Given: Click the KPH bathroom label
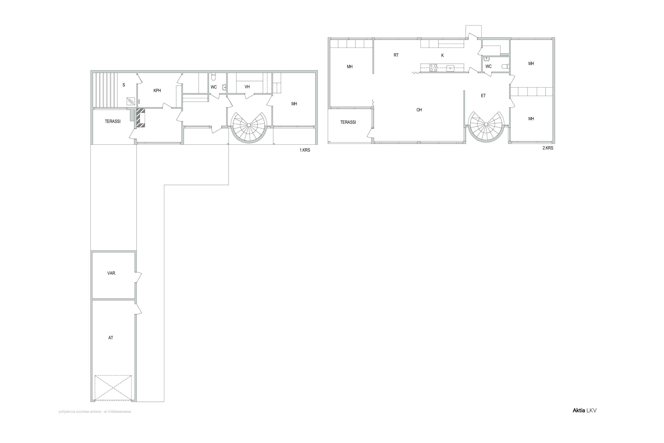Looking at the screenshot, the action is pyautogui.click(x=157, y=91).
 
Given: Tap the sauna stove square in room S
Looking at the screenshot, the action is pyautogui.click(x=131, y=101).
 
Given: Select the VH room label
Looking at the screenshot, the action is pyautogui.click(x=247, y=87).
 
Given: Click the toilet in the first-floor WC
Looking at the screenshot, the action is pyautogui.click(x=214, y=77).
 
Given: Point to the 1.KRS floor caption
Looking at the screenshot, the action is pyautogui.click(x=305, y=150).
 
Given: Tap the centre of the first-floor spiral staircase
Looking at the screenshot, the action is pyautogui.click(x=249, y=125).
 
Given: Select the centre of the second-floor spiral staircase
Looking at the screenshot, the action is pyautogui.click(x=486, y=124).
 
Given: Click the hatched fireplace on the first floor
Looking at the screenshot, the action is pyautogui.click(x=141, y=118).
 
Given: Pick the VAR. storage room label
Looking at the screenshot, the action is pyautogui.click(x=112, y=273).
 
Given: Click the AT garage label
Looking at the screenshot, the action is pyautogui.click(x=111, y=338).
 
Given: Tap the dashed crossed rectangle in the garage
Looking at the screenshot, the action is pyautogui.click(x=113, y=388).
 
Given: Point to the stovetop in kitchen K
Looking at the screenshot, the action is pyautogui.click(x=433, y=68).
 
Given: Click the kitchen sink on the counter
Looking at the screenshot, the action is pyautogui.click(x=450, y=68).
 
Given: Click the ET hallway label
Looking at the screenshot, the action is pyautogui.click(x=483, y=96).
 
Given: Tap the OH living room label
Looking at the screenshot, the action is pyautogui.click(x=419, y=110).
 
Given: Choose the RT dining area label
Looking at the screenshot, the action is pyautogui.click(x=396, y=55).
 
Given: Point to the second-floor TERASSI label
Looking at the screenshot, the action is pyautogui.click(x=348, y=122).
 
